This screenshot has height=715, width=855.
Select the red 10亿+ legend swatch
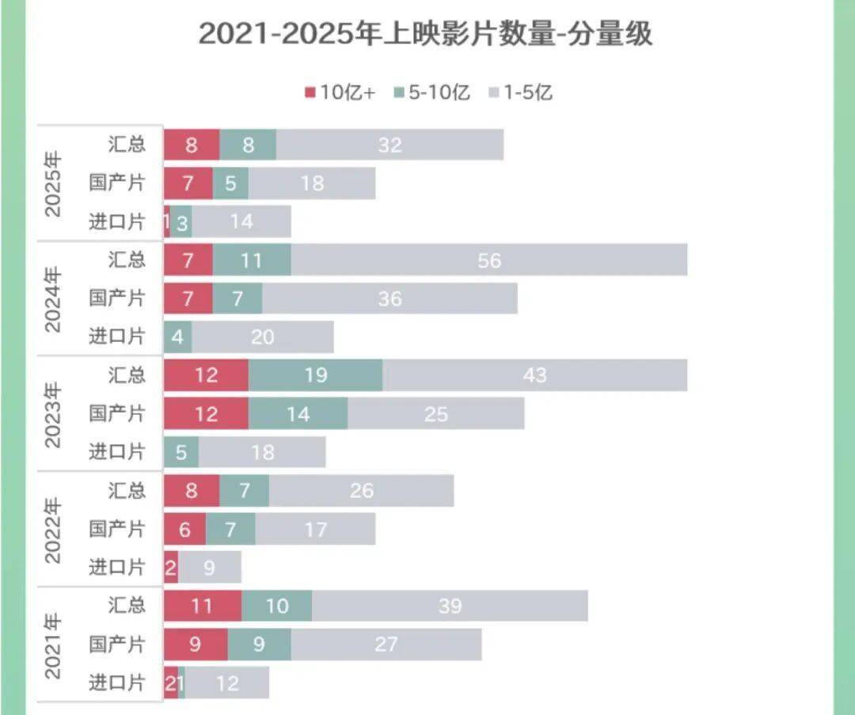(x=310, y=93)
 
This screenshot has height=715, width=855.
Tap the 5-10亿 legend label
(x=439, y=93)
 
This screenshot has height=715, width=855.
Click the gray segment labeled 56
(x=489, y=260)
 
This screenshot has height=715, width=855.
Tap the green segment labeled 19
(x=316, y=375)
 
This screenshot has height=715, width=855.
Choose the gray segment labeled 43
(x=535, y=375)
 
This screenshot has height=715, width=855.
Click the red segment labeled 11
(x=203, y=607)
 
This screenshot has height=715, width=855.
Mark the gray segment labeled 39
(x=450, y=607)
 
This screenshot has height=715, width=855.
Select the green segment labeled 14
(x=298, y=414)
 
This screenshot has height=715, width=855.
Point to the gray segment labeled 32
(x=390, y=145)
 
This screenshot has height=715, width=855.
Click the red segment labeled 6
(x=185, y=530)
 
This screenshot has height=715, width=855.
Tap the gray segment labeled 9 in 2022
(x=210, y=568)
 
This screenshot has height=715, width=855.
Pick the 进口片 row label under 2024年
(x=117, y=337)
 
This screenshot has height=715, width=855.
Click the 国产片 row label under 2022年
(x=117, y=530)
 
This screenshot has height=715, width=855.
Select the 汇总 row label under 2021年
(x=127, y=606)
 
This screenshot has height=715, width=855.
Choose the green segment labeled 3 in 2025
(x=181, y=222)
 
